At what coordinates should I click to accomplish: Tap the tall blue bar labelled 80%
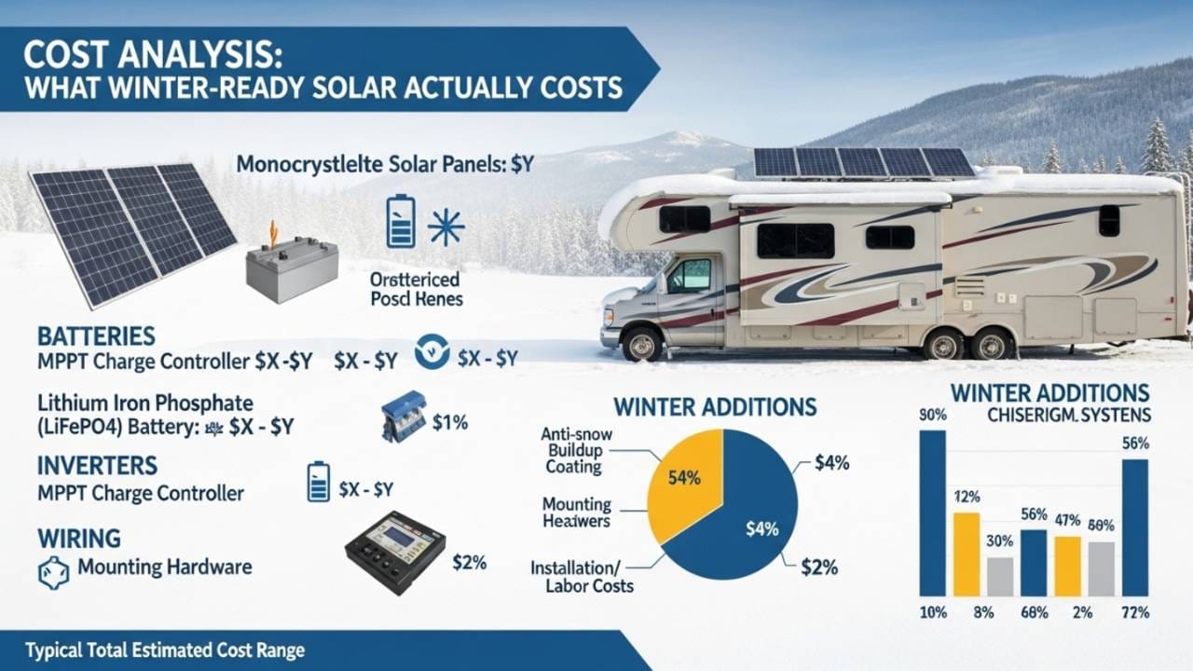click(x=932, y=513)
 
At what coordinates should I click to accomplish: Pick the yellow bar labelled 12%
click(x=967, y=554)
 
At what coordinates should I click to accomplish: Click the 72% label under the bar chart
click(x=1135, y=612)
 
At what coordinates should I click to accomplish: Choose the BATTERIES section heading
click(x=96, y=335)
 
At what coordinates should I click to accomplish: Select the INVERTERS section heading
click(x=98, y=465)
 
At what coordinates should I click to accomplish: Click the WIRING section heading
click(x=79, y=538)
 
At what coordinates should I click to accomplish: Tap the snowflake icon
click(x=446, y=226)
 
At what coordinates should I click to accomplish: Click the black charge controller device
click(x=395, y=551)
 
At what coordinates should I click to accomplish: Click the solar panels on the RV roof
click(x=863, y=162)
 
